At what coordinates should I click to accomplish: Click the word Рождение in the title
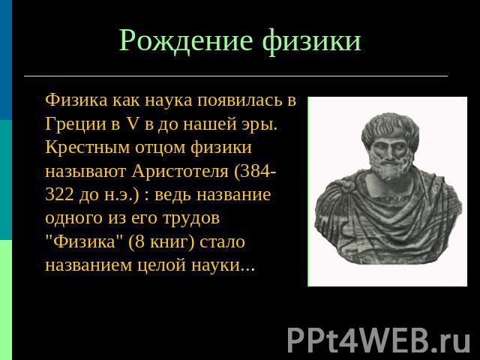186,40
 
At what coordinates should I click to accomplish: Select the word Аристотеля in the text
180,171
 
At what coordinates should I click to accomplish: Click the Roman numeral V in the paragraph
132,124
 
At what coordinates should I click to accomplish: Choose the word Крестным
87,148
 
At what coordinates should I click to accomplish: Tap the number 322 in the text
59,195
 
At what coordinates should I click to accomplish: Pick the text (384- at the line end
255,172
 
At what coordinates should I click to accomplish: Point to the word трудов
191,218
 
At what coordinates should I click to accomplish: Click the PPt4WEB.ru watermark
379,340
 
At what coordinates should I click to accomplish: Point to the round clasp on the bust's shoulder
346,185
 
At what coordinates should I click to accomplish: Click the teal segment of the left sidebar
6,180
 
